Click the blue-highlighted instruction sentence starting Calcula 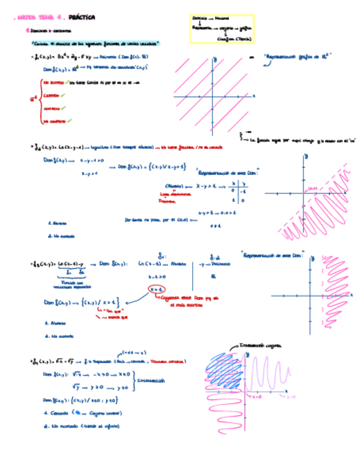[95, 43]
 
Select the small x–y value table [238, 191]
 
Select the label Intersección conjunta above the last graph [258, 345]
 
